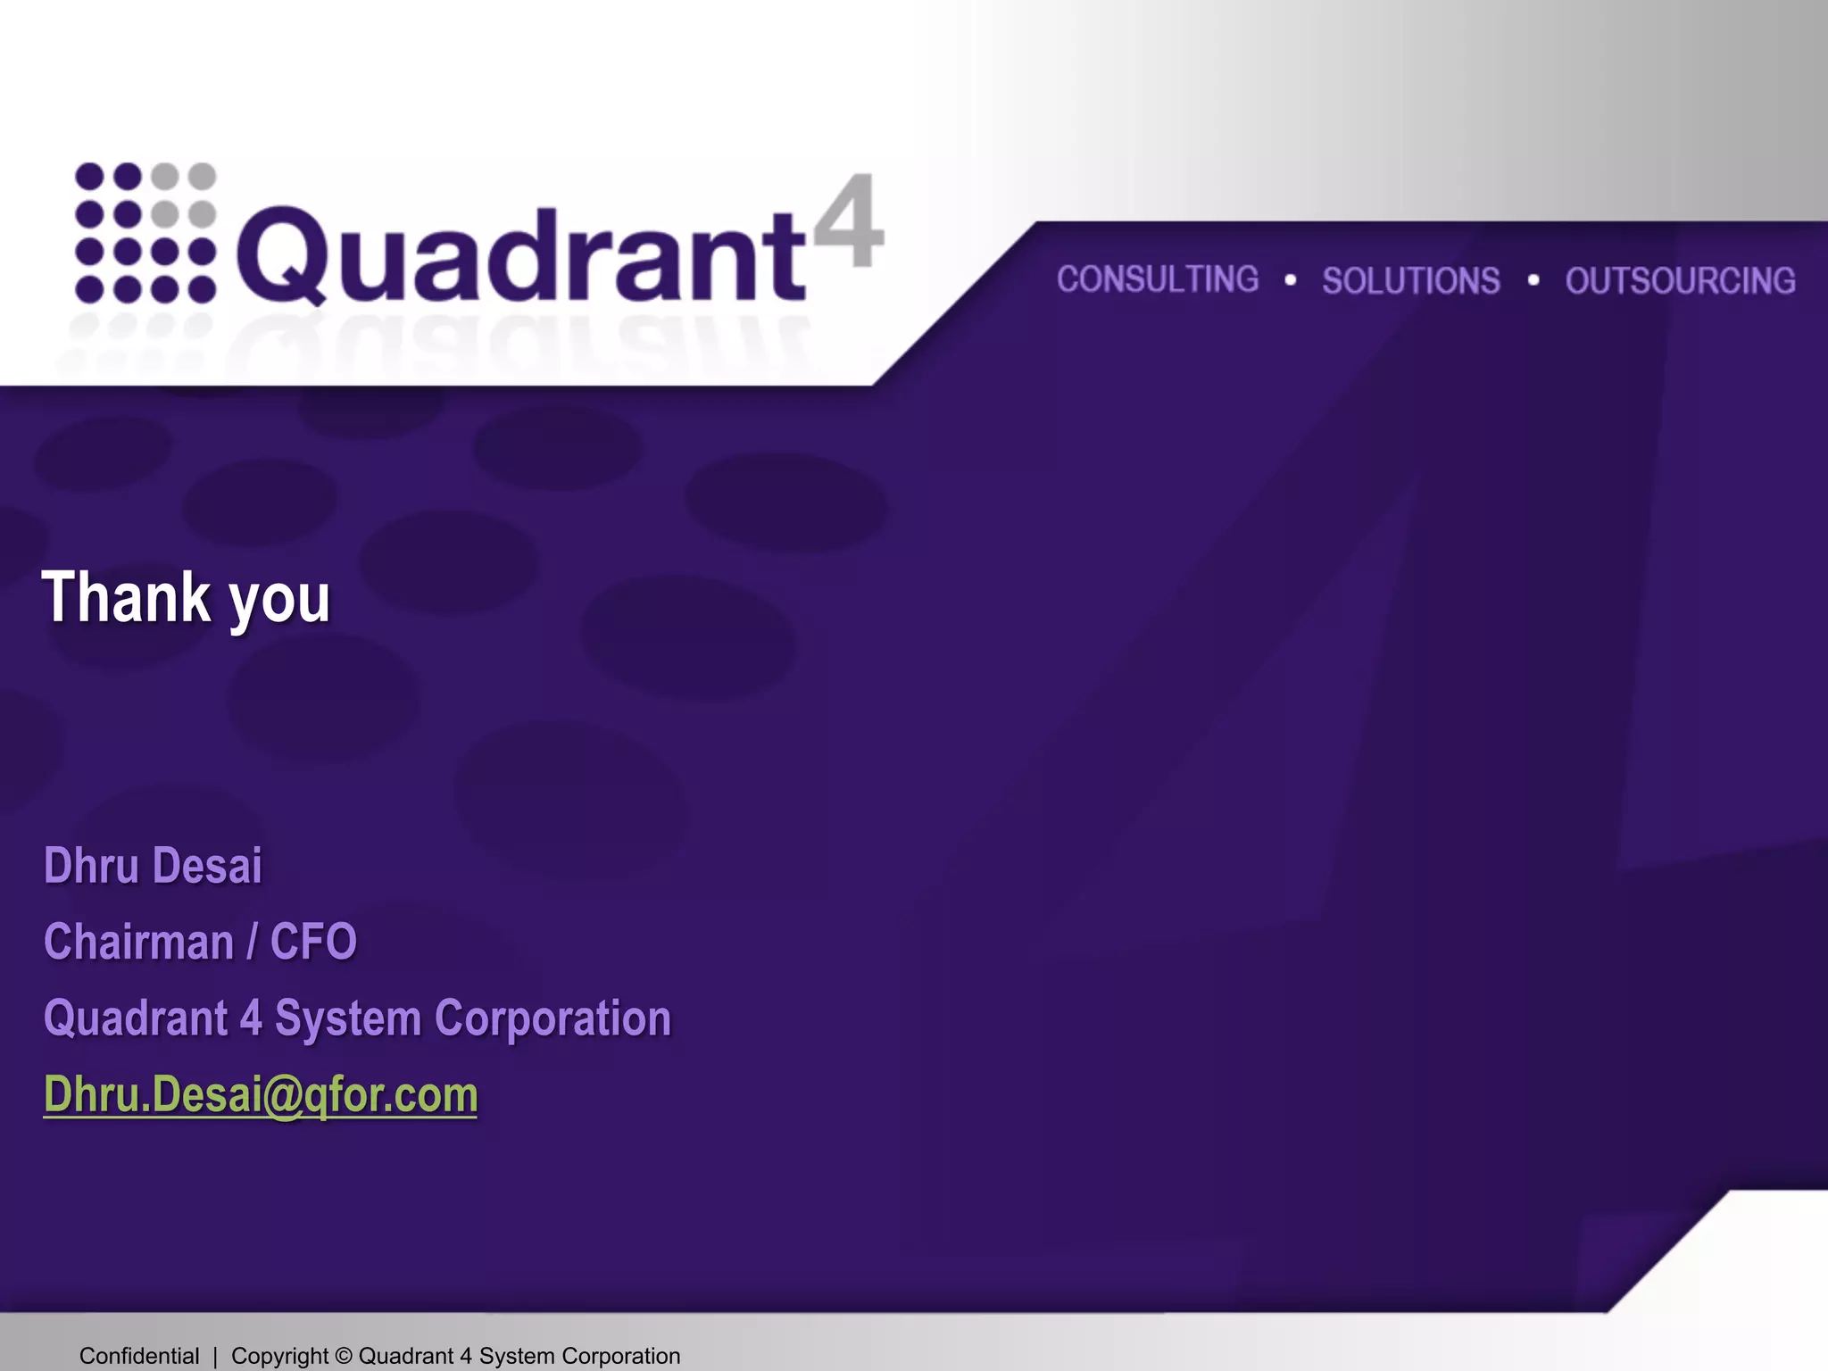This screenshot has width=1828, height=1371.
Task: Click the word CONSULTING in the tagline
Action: pos(1158,279)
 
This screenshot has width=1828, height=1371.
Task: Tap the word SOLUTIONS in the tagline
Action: pos(1411,281)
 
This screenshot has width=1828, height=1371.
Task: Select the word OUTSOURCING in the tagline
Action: pos(1680,281)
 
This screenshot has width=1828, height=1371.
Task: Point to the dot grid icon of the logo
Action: pos(145,233)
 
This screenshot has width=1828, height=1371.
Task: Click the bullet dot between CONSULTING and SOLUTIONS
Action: pos(1291,280)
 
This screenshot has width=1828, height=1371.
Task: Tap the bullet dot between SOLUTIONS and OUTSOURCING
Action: pos(1533,280)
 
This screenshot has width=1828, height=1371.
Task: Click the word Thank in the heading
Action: pos(124,597)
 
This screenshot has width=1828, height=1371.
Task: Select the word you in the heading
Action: pos(279,602)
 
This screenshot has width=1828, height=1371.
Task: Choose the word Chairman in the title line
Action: pos(138,942)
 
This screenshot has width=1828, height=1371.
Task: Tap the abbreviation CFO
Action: pos(313,942)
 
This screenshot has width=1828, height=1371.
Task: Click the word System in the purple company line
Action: pos(347,1019)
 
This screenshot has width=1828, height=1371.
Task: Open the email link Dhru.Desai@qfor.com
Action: pos(261,1094)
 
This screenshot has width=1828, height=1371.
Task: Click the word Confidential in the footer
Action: pos(139,1356)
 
